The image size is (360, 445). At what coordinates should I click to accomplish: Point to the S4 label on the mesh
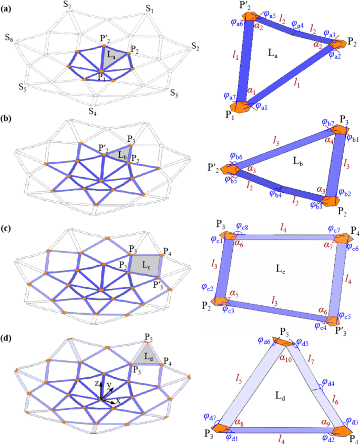(93, 111)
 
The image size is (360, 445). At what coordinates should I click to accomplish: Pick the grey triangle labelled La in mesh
(118, 59)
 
